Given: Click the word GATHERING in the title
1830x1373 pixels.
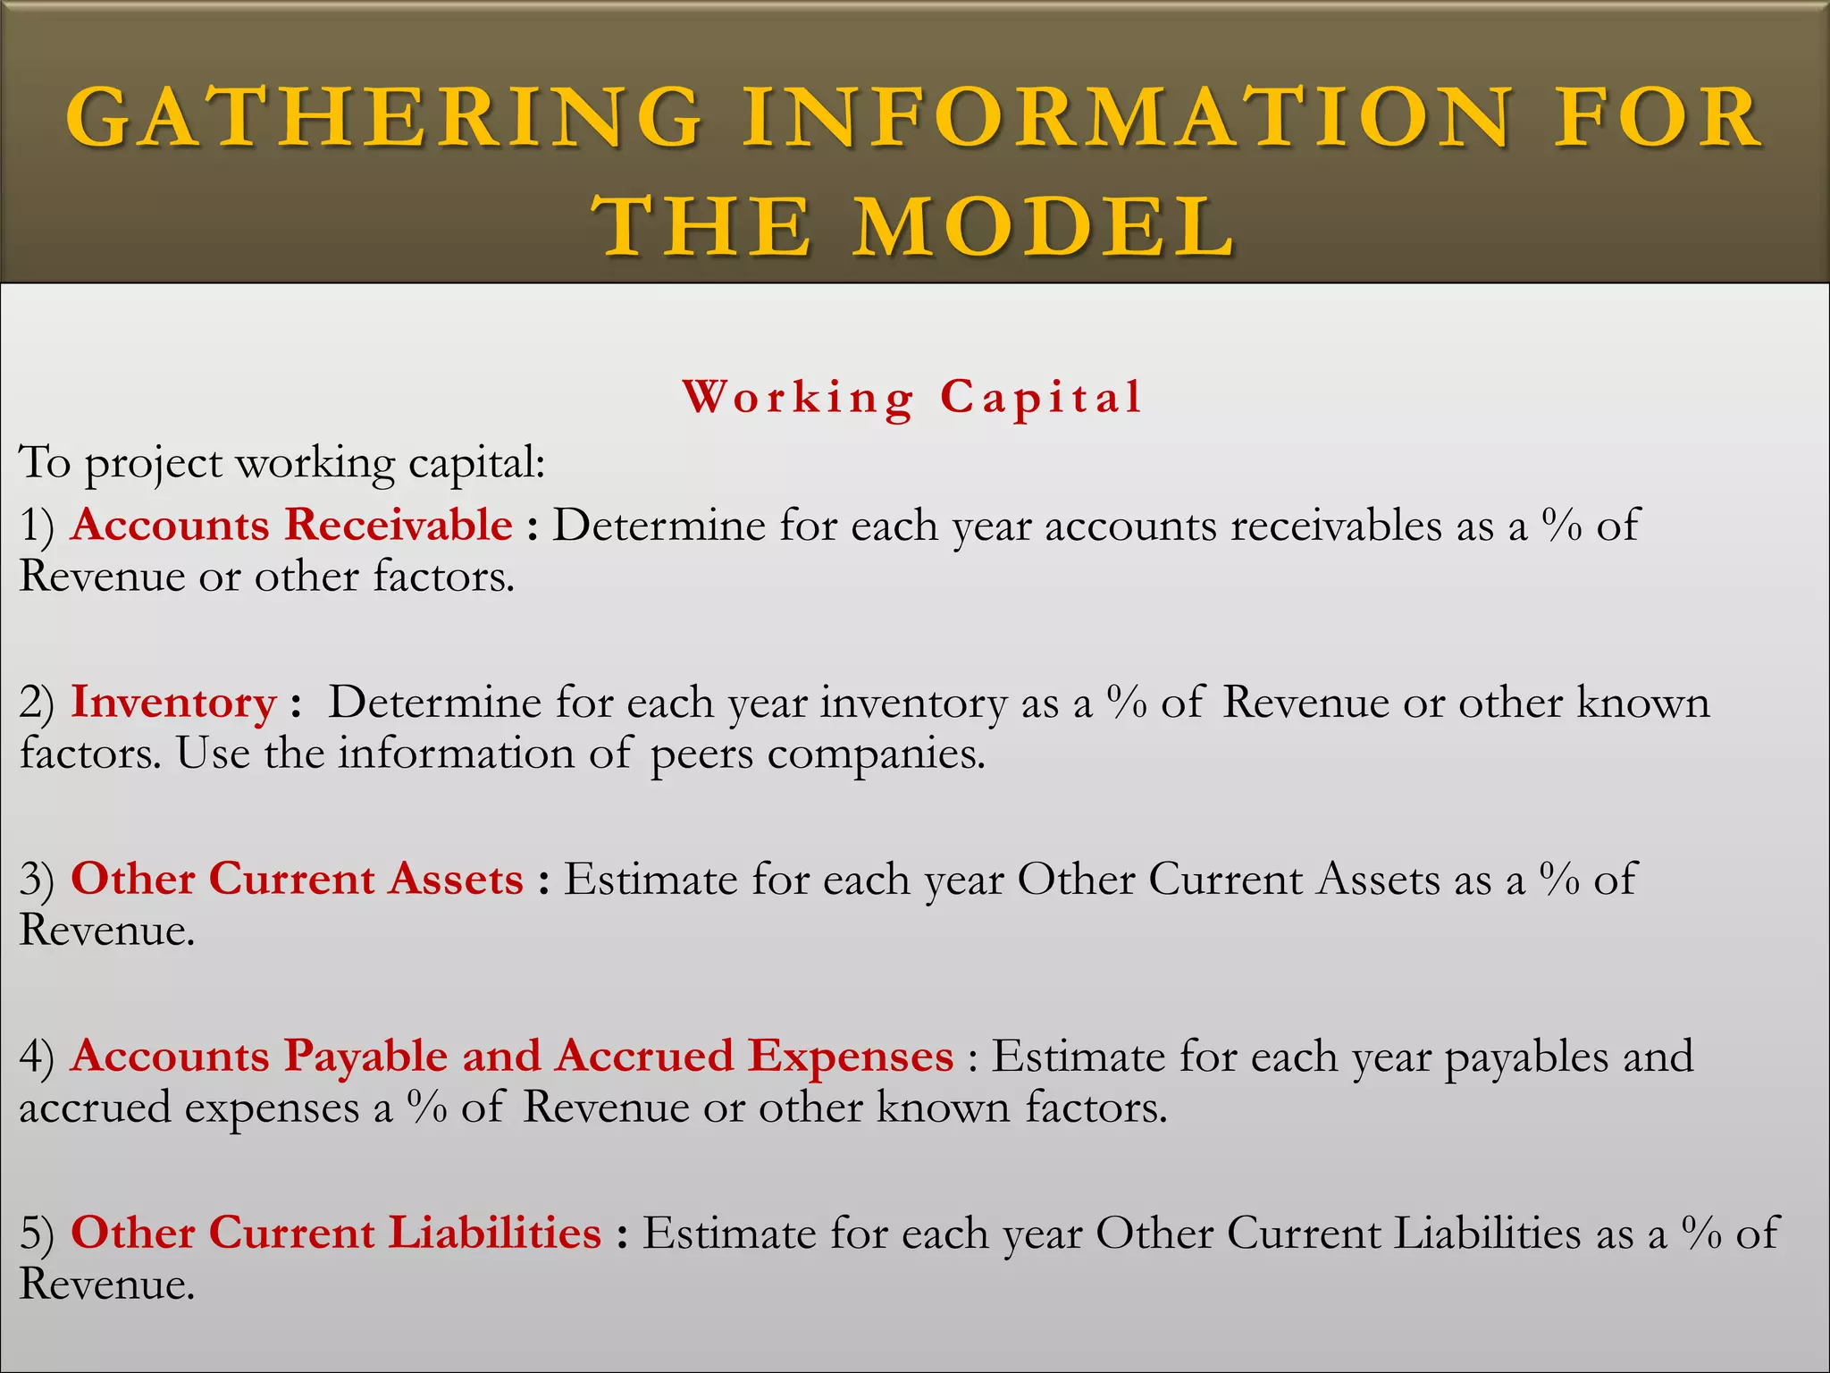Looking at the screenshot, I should click(384, 118).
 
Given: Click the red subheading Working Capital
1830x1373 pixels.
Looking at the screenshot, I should click(912, 397).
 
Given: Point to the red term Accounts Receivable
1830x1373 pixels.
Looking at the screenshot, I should click(291, 525).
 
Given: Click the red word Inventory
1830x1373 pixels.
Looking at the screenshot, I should click(173, 703).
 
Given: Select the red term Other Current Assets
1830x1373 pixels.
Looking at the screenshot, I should click(297, 879).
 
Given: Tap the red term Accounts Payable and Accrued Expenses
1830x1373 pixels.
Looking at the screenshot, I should click(512, 1056).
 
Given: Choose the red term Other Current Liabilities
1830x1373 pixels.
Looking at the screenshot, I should click(336, 1233).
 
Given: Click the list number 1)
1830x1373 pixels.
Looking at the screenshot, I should click(37, 526).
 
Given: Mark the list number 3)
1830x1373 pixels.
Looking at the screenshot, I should click(37, 880).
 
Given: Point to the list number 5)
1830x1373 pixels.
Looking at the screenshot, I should click(37, 1234).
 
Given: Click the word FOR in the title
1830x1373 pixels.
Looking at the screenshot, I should click(1658, 118).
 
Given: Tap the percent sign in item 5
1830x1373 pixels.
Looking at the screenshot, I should click(1700, 1233).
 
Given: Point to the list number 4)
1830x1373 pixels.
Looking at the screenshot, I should click(37, 1057).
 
